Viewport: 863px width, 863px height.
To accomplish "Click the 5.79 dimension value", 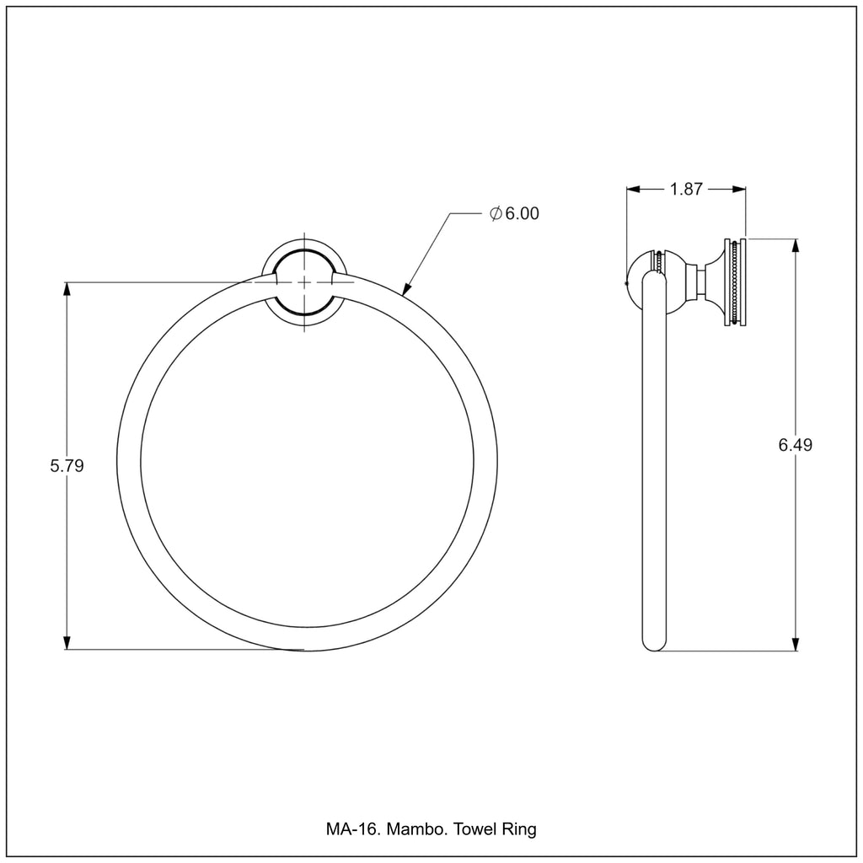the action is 67,465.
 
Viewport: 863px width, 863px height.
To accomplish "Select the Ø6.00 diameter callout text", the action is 514,213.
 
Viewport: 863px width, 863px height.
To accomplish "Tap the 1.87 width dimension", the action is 686,189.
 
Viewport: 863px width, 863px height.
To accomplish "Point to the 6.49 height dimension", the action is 795,444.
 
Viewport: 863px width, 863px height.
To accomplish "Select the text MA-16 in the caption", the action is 353,829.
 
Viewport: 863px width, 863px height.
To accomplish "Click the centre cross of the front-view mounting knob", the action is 304,281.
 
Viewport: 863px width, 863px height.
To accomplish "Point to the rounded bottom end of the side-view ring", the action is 654,644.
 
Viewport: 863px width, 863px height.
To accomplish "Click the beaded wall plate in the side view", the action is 735,282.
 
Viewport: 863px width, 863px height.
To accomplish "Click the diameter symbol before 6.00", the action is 496,213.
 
